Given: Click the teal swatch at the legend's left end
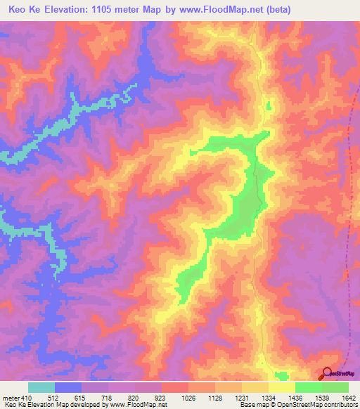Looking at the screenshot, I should tap(41, 387).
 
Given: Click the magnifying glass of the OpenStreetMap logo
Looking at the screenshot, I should tap(326, 373).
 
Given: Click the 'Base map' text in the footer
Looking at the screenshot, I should tap(251, 405).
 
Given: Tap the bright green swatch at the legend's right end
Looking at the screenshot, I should tap(335, 387).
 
